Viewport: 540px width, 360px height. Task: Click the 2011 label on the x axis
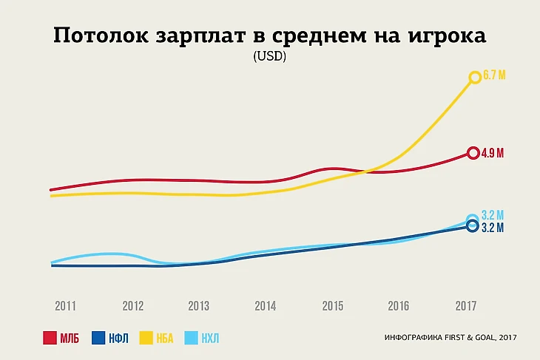pos(65,306)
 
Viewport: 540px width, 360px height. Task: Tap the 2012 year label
pos(132,306)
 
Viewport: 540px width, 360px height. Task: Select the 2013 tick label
pos(198,306)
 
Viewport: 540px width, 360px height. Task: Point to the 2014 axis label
pos(265,306)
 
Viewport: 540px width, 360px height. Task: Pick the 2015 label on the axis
pos(332,306)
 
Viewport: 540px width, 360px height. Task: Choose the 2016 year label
pos(398,306)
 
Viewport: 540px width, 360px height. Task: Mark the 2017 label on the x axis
pos(465,306)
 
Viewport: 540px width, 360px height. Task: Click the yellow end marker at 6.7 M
pos(475,77)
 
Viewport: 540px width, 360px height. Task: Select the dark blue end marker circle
pos(473,226)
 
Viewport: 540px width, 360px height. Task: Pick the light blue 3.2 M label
pos(493,216)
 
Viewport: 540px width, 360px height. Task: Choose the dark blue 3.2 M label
pos(493,228)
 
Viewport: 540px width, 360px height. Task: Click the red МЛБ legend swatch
pos(50,339)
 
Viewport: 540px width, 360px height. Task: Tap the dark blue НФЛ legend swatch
pos(98,339)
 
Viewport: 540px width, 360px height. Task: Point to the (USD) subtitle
pos(269,57)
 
